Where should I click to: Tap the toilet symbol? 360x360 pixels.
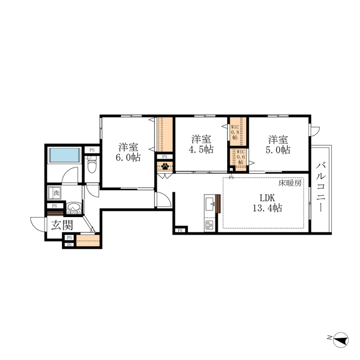93,165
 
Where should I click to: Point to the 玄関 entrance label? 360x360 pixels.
62,226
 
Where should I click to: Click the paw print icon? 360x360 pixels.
165,166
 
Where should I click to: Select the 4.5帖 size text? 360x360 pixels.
201,150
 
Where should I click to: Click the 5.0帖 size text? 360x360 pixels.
278,150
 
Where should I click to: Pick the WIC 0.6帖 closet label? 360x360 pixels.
240,157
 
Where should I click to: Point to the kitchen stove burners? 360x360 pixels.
209,226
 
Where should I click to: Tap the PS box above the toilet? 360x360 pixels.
92,150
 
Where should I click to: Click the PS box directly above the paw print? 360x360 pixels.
164,156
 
